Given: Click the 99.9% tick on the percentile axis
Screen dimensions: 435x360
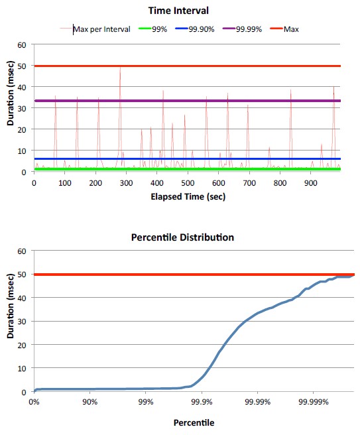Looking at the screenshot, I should point(202,402).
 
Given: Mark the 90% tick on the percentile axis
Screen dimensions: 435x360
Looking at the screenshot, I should point(91,402).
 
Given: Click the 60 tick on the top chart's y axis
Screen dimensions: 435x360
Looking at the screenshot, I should point(22,45).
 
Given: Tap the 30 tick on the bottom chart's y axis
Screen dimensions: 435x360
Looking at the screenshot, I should point(22,322).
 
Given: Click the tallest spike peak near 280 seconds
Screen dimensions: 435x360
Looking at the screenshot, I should point(120,67).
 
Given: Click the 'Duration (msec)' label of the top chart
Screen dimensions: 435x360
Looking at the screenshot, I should point(10,109).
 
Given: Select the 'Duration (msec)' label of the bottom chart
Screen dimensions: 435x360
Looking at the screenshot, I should point(10,321).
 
